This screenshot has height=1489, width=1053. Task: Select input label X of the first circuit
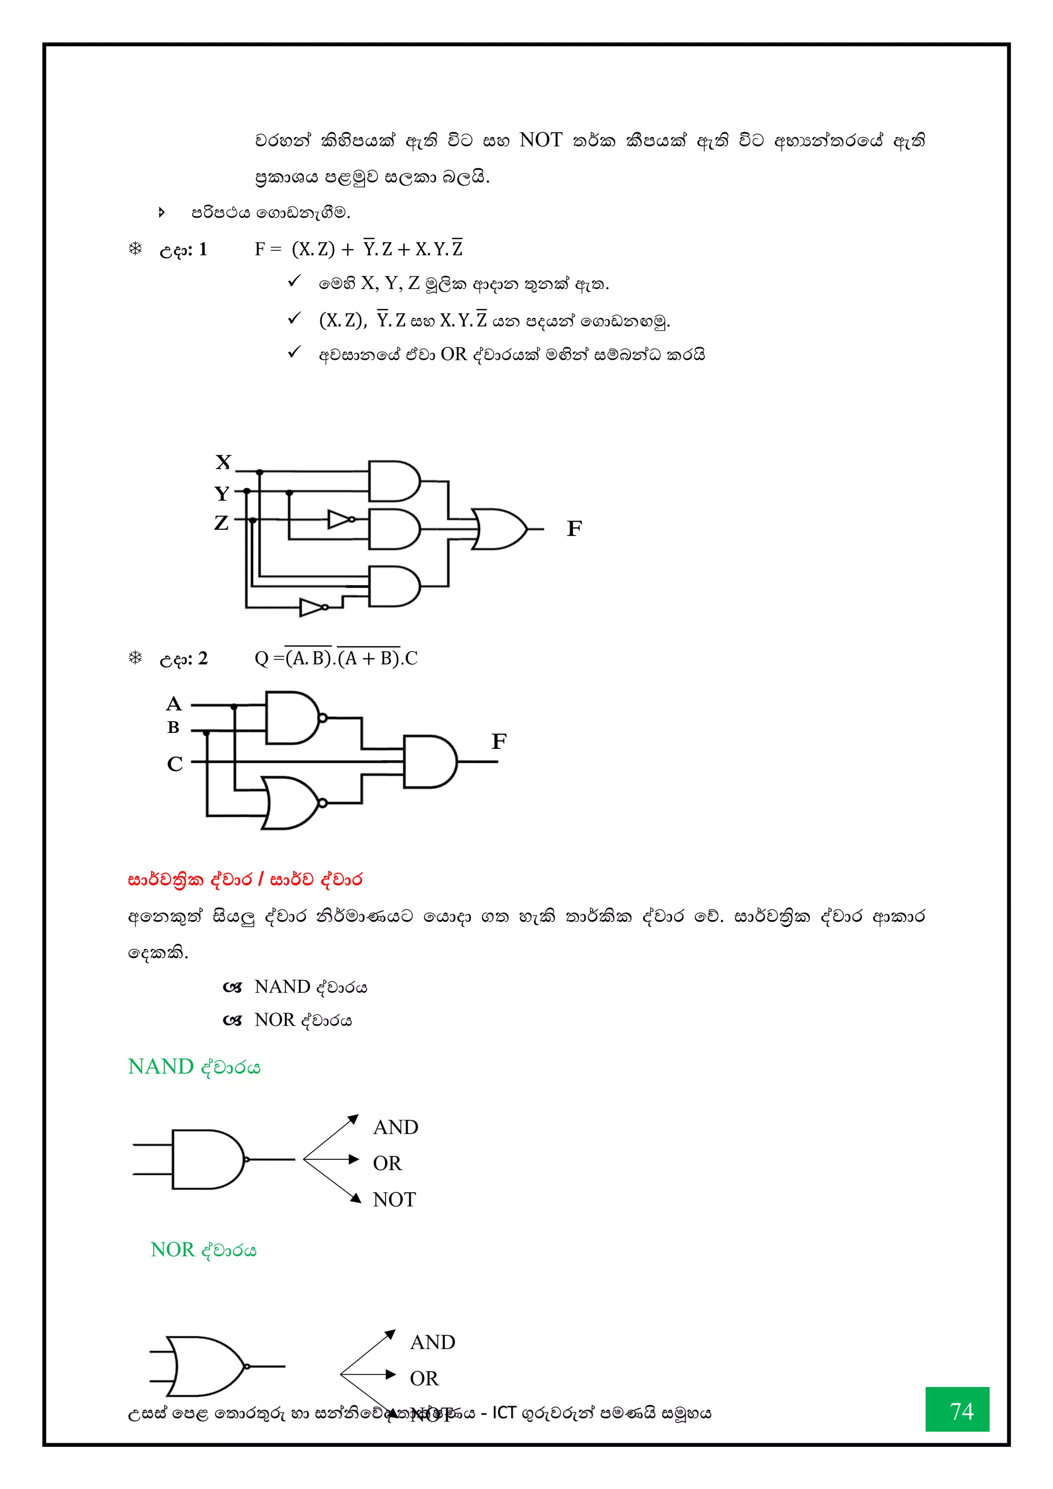pos(223,462)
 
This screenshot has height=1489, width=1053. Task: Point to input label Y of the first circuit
pos(222,494)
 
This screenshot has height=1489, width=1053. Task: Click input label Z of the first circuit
pos(221,523)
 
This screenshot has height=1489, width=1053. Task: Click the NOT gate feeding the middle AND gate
pos(340,519)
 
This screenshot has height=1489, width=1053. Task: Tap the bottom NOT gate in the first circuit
pos(313,607)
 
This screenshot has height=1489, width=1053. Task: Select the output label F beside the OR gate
pos(574,529)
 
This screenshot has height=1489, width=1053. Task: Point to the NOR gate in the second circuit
pos(291,803)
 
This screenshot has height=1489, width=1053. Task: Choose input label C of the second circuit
pos(174,764)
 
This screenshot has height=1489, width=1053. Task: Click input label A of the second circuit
pos(174,704)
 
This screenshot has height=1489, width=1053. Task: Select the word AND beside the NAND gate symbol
pos(395,1127)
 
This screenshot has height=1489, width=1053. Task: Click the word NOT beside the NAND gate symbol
pos(394,1200)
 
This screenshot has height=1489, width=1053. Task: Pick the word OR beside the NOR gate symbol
pos(424,1378)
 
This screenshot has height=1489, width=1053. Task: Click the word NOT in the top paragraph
pos(541,140)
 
